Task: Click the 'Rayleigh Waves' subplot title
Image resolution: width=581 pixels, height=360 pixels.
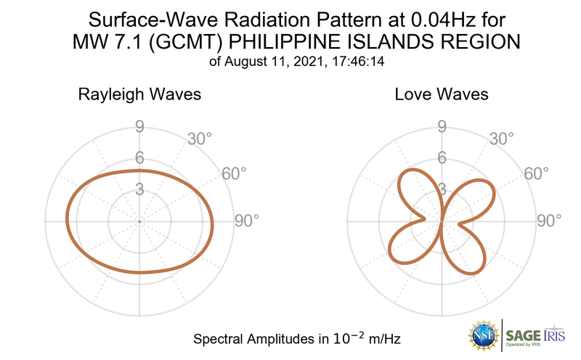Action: point(139,94)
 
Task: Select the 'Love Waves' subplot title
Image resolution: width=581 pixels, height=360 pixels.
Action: point(441,94)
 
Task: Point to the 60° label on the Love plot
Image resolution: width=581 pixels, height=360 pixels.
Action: point(537,173)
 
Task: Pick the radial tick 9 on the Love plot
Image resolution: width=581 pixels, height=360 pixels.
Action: point(441,128)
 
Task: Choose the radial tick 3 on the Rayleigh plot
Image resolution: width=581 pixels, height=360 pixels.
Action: point(139,189)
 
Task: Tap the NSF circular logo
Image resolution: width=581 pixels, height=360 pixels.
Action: point(484,335)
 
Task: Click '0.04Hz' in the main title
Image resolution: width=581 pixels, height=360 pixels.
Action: point(444,20)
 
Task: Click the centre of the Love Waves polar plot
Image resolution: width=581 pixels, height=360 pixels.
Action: point(441,221)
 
